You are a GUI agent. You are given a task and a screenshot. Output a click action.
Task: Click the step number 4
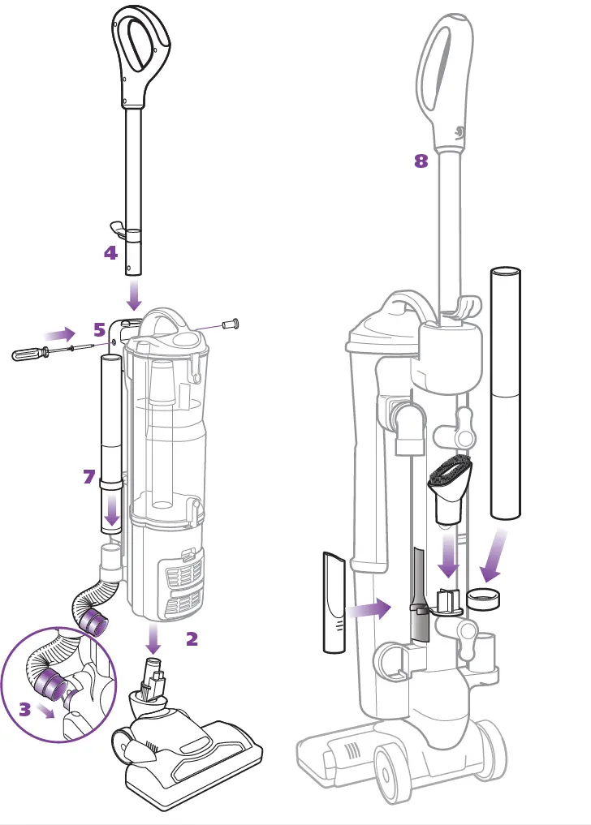(110, 253)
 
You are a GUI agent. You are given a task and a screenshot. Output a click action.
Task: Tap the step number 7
(89, 477)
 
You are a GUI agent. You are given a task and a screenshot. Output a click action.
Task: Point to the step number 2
(192, 639)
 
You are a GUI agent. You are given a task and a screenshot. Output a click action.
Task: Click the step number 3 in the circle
(25, 710)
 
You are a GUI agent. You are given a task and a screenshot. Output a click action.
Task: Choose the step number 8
(421, 161)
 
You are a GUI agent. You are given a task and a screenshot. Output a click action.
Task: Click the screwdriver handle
(29, 354)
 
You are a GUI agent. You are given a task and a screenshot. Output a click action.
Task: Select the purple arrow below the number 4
(133, 290)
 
